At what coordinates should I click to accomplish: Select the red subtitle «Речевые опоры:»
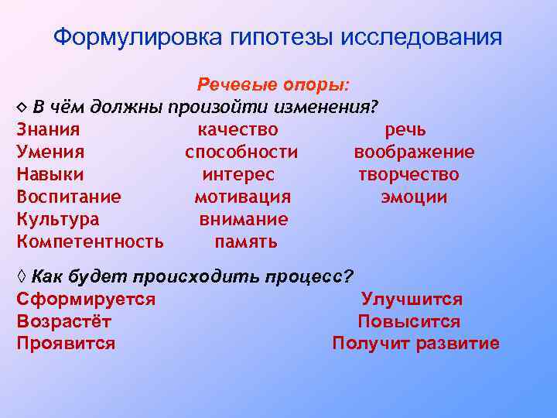coord(273,84)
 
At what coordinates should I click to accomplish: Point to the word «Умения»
coord(50,152)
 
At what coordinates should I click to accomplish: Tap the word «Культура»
coord(57,219)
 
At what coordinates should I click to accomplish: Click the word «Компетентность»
coord(90,242)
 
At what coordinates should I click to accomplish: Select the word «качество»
coord(238,129)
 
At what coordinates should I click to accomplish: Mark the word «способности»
coord(241,152)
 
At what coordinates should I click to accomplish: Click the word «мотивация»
coord(242,197)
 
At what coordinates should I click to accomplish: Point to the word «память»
coord(246,242)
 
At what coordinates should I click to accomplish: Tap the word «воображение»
coord(415,152)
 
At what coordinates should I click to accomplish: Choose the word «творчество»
coord(408,174)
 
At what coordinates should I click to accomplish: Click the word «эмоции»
coord(414,197)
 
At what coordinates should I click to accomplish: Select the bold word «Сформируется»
coord(86,299)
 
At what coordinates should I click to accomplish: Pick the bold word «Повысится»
coord(408,321)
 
